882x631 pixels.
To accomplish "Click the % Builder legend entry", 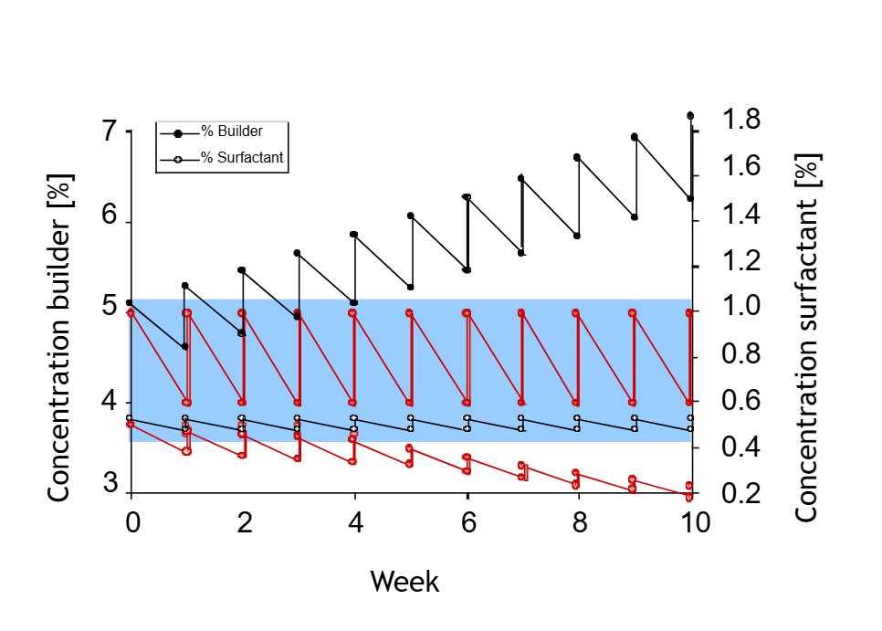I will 231,132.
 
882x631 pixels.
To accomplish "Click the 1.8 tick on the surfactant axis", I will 740,120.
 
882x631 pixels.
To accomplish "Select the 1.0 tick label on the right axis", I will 740,307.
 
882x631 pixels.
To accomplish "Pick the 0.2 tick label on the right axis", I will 740,493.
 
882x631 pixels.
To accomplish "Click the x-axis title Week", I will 404,582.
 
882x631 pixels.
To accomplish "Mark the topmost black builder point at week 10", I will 689,116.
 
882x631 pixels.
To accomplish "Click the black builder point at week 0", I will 130,302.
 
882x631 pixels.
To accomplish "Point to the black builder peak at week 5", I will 411,216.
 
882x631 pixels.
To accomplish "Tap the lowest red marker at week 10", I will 689,498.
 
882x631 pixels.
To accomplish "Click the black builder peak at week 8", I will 576,157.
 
